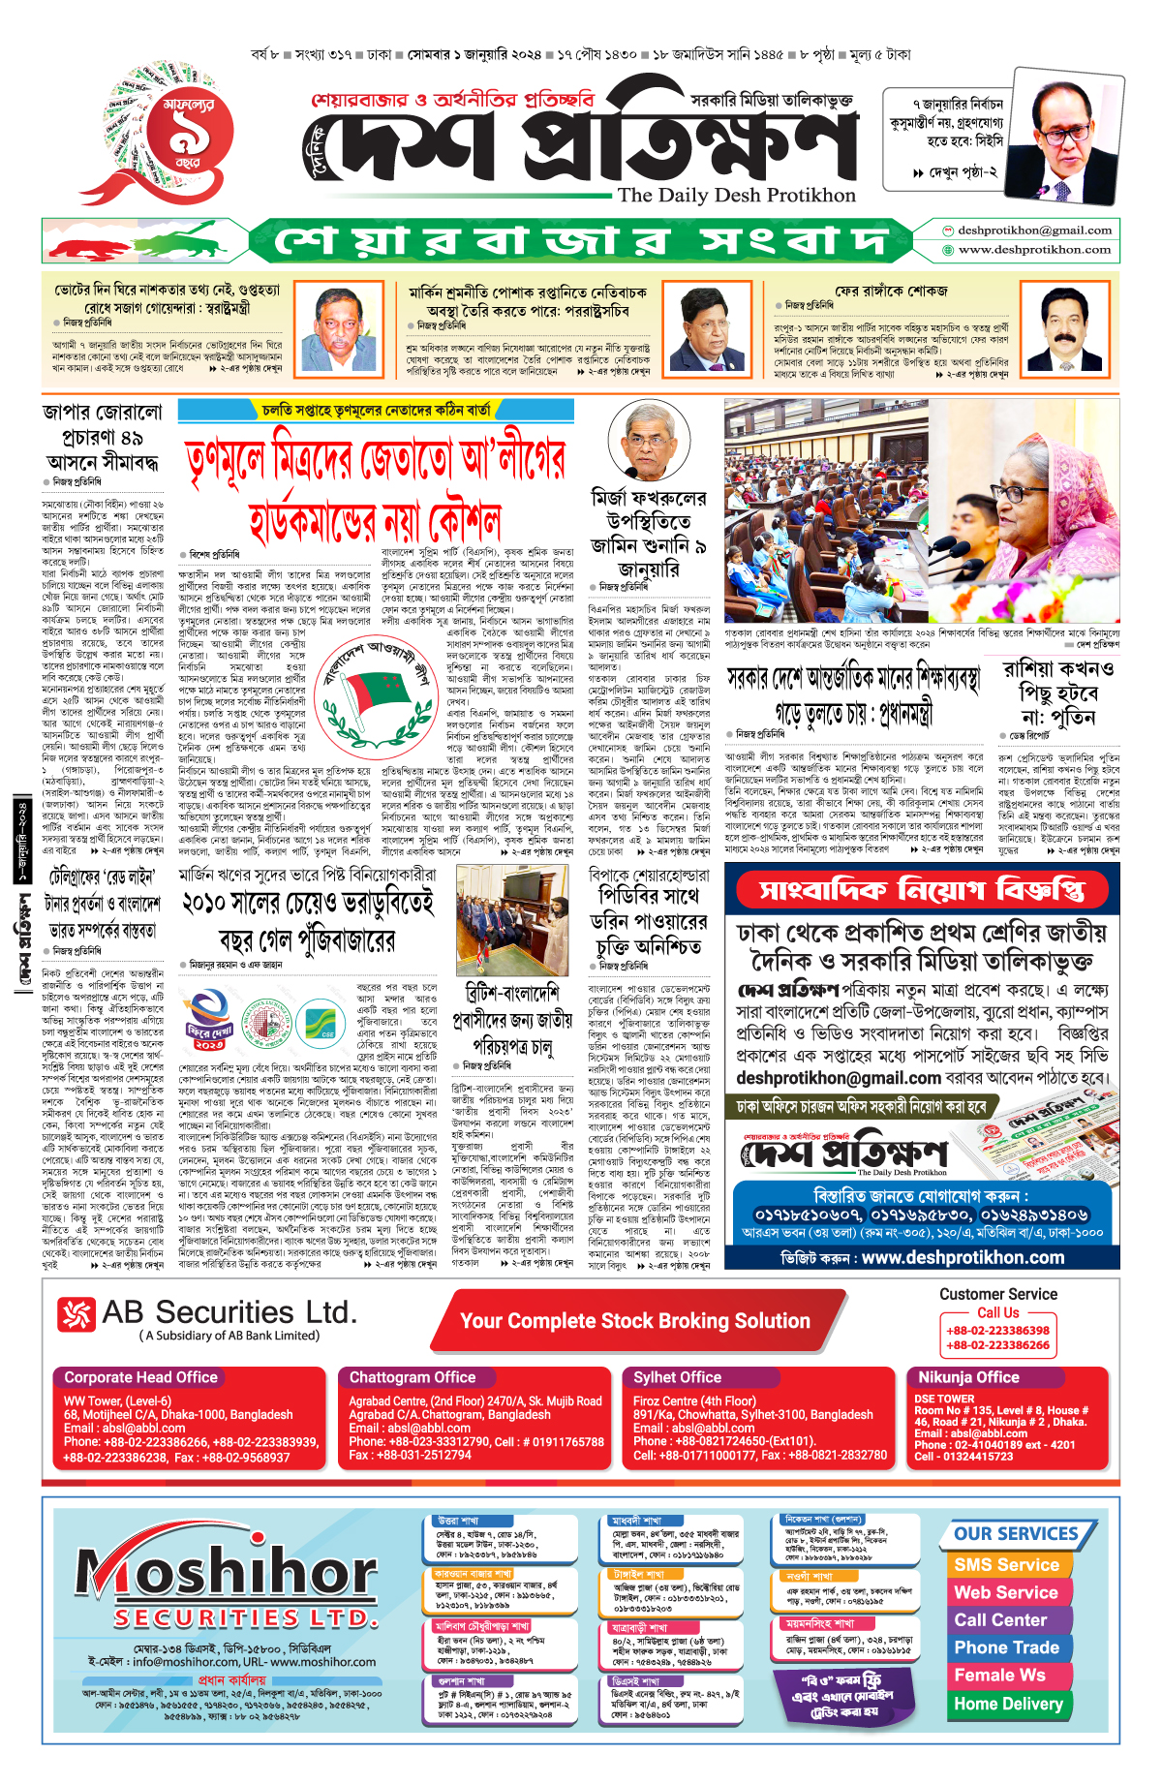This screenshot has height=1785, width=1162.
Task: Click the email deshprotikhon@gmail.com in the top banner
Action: pos(1034,231)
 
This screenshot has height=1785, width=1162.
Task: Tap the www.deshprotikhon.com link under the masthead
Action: pos(1034,250)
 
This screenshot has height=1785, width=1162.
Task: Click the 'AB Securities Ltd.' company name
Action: pos(229,1313)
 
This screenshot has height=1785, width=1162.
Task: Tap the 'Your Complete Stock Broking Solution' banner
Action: pos(634,1321)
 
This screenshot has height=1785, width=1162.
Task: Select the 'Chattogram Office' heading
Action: pos(413,1377)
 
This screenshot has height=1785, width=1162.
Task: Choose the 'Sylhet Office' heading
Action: pos(678,1377)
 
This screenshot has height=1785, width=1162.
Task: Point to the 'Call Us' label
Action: pos(997,1312)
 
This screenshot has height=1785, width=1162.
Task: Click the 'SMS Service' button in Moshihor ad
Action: pos(1006,1565)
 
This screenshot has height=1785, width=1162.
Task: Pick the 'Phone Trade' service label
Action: pos(1006,1647)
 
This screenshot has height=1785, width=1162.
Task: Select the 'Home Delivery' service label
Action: pos(1008,1704)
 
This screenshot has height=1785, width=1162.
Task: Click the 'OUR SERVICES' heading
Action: pos(1016,1534)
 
